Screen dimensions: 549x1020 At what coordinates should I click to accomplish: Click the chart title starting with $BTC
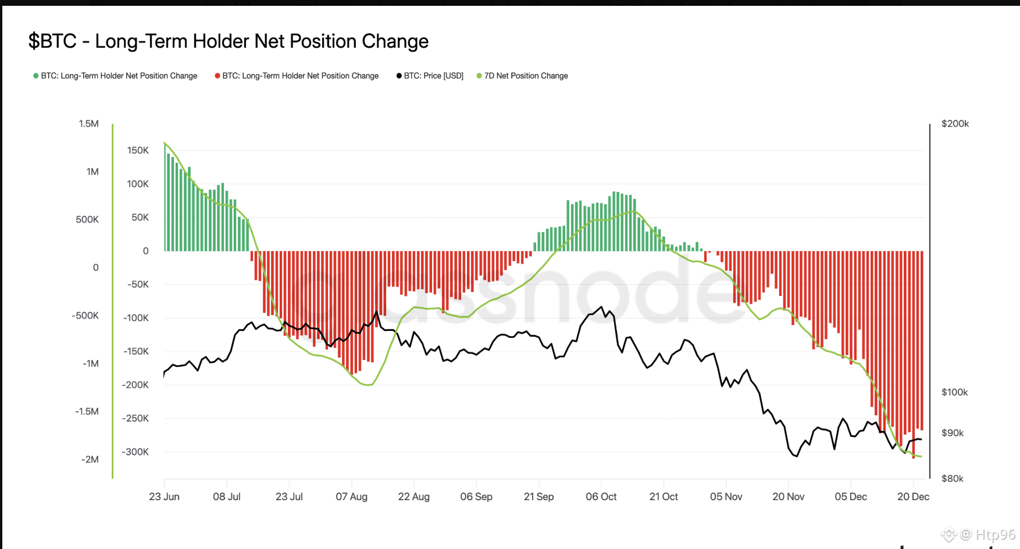pos(228,41)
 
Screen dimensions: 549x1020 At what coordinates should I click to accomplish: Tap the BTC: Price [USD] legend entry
pos(430,76)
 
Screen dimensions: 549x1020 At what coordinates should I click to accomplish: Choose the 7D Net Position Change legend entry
pos(522,76)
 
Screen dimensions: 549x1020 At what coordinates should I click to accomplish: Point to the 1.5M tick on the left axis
pos(88,123)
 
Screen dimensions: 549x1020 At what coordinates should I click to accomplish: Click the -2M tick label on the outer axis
pos(90,459)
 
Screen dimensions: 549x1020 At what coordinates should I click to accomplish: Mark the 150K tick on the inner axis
pos(138,150)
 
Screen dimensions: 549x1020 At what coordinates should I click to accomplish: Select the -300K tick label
pos(135,452)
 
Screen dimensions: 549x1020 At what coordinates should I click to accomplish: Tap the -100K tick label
pos(135,318)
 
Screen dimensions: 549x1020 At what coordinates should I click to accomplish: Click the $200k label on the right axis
pos(955,123)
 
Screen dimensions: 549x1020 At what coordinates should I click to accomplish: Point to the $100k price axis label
pos(954,392)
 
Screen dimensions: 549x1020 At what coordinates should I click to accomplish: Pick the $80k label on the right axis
pos(952,479)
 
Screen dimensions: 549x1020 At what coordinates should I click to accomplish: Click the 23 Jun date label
pos(164,497)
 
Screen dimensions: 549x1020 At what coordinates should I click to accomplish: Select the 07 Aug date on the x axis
pos(351,497)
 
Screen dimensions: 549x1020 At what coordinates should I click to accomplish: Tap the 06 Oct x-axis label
pos(601,497)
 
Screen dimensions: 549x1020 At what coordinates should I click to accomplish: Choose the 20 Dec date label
pos(913,497)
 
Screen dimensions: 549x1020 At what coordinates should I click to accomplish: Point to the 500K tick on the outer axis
pos(87,219)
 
